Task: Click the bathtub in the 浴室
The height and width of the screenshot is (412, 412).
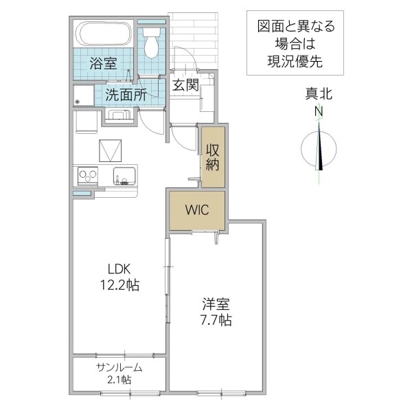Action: coord(104,33)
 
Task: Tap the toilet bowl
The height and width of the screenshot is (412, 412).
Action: coord(151,45)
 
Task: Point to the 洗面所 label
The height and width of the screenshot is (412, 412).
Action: coord(126,95)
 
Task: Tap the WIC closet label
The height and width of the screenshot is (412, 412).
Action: coord(196,209)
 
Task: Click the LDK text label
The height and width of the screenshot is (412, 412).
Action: coord(118,268)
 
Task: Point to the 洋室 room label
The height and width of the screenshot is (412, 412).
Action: coord(216,303)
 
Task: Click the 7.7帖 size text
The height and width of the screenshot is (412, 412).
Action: coord(216,319)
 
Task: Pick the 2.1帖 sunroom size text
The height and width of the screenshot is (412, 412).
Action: coord(118,379)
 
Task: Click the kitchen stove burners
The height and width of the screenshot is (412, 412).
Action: coord(88,176)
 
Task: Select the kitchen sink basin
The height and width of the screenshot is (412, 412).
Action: coord(124,175)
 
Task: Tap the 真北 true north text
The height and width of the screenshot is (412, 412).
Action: coord(319,95)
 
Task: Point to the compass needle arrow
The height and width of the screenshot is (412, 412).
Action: coord(320,148)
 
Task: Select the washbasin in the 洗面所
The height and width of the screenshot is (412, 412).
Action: coord(117,115)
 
